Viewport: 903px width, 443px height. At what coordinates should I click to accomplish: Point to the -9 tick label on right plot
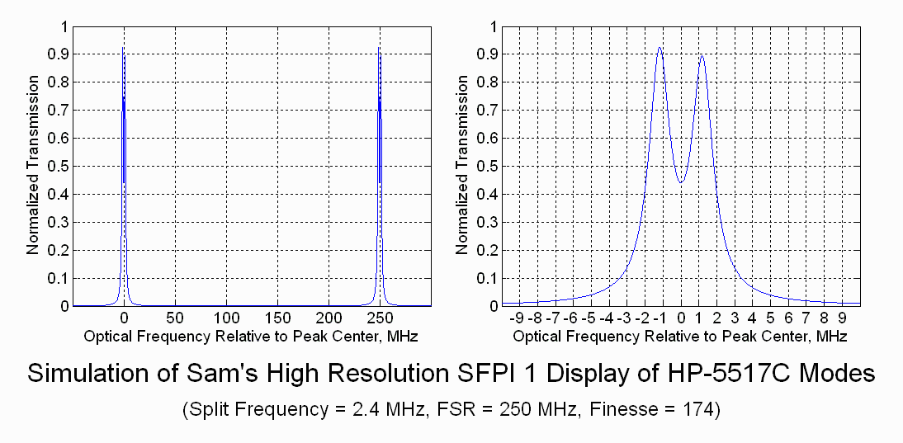click(517, 318)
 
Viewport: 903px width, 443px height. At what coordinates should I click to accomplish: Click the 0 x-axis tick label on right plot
click(681, 318)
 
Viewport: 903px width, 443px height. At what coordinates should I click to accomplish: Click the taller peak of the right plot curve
click(660, 48)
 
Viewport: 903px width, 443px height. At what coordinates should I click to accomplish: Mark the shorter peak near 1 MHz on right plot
click(702, 56)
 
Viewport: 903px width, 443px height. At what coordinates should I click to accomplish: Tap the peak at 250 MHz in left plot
click(379, 49)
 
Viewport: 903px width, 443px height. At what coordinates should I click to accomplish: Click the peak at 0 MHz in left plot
click(123, 49)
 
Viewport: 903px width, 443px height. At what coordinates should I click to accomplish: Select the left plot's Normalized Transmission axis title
click(33, 166)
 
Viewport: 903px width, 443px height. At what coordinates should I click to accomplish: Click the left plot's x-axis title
click(250, 336)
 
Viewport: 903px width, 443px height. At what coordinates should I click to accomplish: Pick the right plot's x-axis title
click(679, 336)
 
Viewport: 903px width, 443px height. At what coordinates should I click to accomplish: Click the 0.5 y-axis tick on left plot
click(59, 166)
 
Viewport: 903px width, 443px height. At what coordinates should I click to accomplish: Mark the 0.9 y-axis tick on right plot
click(489, 54)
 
